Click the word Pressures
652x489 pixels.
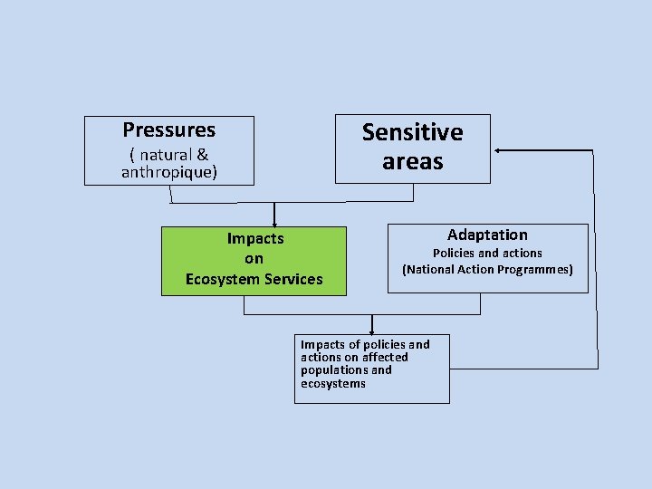click(x=169, y=130)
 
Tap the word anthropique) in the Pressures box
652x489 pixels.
click(x=169, y=172)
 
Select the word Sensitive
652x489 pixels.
click(x=412, y=132)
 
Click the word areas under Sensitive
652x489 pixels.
click(x=412, y=162)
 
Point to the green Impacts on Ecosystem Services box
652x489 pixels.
click(x=254, y=261)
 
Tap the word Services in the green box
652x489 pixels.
click(x=291, y=279)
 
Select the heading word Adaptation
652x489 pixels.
click(x=487, y=235)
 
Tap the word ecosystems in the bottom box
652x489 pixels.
click(x=333, y=384)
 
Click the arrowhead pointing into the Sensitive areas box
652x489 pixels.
click(x=498, y=149)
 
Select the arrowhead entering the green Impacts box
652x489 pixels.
click(x=274, y=223)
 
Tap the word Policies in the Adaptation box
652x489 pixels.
click(x=452, y=254)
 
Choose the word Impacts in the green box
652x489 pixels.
click(x=255, y=239)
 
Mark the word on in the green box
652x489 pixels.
click(x=254, y=259)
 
